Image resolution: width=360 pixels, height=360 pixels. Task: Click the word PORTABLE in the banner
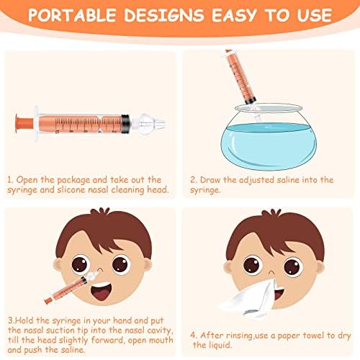[72, 15]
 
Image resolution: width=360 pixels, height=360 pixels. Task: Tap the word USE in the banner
[315, 15]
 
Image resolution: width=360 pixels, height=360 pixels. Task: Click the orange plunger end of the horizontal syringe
[24, 123]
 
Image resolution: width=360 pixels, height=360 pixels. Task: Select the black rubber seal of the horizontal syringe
[125, 124]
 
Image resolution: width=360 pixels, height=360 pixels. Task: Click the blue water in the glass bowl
[269, 145]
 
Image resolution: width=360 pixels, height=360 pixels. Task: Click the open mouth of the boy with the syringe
[102, 292]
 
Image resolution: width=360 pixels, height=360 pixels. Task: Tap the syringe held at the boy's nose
[72, 287]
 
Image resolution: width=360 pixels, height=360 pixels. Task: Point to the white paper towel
[250, 299]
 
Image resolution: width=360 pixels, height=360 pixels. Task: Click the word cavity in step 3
[160, 331]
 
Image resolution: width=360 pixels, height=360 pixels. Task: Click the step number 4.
[193, 336]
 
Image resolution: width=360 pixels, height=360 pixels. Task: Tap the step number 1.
[10, 180]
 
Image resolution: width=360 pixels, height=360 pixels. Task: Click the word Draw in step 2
[210, 180]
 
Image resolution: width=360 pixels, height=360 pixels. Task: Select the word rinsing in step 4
[240, 336]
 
